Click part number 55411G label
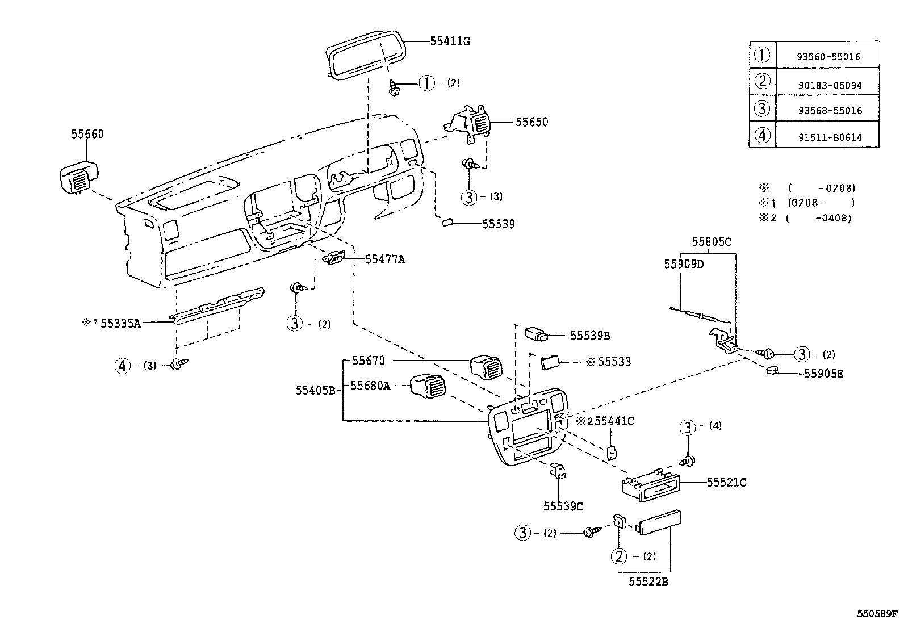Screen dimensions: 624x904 [x=450, y=41]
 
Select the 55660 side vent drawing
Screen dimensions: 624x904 [x=78, y=177]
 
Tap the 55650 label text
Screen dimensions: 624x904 [x=531, y=122]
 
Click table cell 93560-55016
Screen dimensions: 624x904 [x=828, y=57]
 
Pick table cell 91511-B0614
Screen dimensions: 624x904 [x=828, y=137]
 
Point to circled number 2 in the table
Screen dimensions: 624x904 [x=762, y=82]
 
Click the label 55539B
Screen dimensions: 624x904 [x=589, y=336]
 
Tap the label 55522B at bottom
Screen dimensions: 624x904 [x=648, y=581]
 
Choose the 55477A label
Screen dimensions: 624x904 [x=385, y=259]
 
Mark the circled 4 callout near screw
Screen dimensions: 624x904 [x=122, y=366]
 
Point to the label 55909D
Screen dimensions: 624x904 [x=684, y=264]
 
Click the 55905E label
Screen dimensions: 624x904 [x=823, y=374]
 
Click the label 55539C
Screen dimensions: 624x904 [x=563, y=505]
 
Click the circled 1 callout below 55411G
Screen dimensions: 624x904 [x=426, y=83]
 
